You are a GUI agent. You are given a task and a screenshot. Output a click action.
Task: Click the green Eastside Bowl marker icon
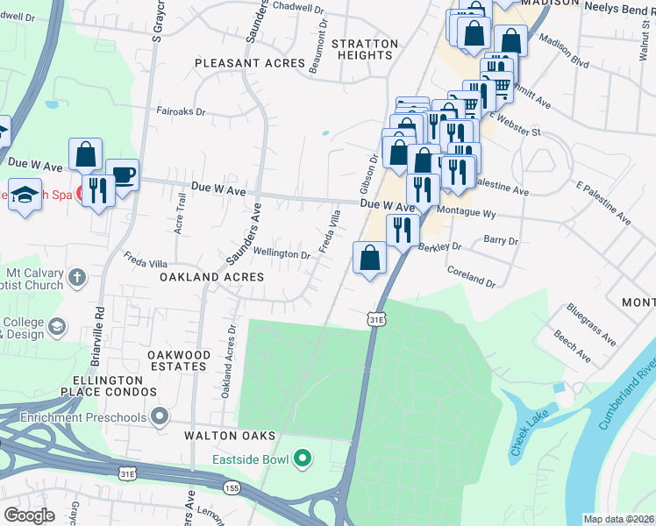click(303, 458)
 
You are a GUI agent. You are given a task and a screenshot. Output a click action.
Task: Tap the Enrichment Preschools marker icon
click(159, 417)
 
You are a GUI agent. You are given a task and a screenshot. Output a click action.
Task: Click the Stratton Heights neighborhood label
click(364, 49)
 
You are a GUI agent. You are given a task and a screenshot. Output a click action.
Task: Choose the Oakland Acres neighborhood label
click(211, 277)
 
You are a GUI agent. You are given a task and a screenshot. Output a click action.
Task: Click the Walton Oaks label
click(230, 436)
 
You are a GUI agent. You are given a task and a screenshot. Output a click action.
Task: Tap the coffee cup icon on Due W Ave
click(122, 173)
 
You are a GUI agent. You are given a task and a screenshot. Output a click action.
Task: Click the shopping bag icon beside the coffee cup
click(86, 154)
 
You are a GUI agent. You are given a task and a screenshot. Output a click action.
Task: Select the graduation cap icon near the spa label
click(25, 195)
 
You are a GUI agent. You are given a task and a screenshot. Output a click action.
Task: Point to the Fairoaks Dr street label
click(180, 112)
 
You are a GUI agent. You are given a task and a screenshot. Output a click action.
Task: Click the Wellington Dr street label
click(282, 255)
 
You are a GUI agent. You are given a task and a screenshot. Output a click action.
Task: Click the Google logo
click(29, 515)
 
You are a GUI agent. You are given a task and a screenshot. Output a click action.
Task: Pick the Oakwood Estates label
click(178, 360)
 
